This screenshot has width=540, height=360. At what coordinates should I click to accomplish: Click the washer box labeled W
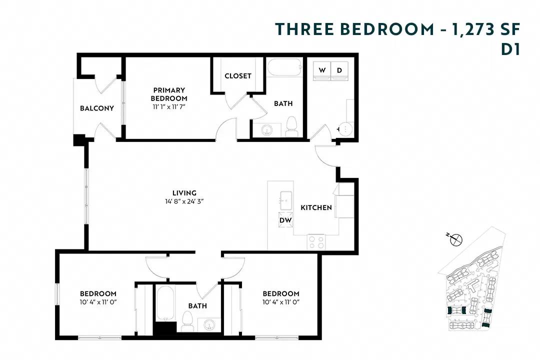pos(322,70)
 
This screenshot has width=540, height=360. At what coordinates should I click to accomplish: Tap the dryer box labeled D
pos(339,70)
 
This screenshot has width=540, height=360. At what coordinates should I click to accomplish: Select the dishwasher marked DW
pos(285,219)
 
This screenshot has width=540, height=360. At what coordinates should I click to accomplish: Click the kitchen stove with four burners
pos(316,241)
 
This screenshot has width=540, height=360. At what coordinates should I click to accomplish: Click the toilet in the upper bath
pos(291,126)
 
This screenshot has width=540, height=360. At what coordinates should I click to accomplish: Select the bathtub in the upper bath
pos(283,67)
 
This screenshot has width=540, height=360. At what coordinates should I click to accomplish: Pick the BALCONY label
pos(97,108)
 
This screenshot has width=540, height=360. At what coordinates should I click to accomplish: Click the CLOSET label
pos(238,76)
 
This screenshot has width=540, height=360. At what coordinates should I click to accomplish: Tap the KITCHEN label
pos(316,207)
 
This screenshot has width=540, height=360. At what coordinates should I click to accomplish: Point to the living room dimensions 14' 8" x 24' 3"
pos(184,201)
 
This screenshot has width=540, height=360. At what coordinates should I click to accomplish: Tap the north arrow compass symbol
pos(456,240)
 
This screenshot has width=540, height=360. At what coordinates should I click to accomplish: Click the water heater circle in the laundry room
pos(346,128)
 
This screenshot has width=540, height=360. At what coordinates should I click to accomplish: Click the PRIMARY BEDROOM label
pos(169,94)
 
